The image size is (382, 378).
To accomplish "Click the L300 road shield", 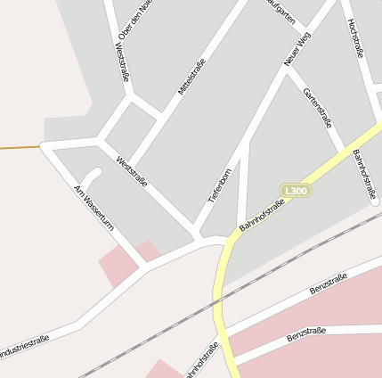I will (296, 191).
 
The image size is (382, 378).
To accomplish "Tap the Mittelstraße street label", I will (191, 77).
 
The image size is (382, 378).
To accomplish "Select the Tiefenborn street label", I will (220, 185).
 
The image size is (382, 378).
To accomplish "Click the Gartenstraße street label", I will (317, 107).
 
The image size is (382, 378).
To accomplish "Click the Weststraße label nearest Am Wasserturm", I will (132, 171).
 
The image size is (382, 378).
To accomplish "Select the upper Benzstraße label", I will (328, 285).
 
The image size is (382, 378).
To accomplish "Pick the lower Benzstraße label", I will (306, 336).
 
